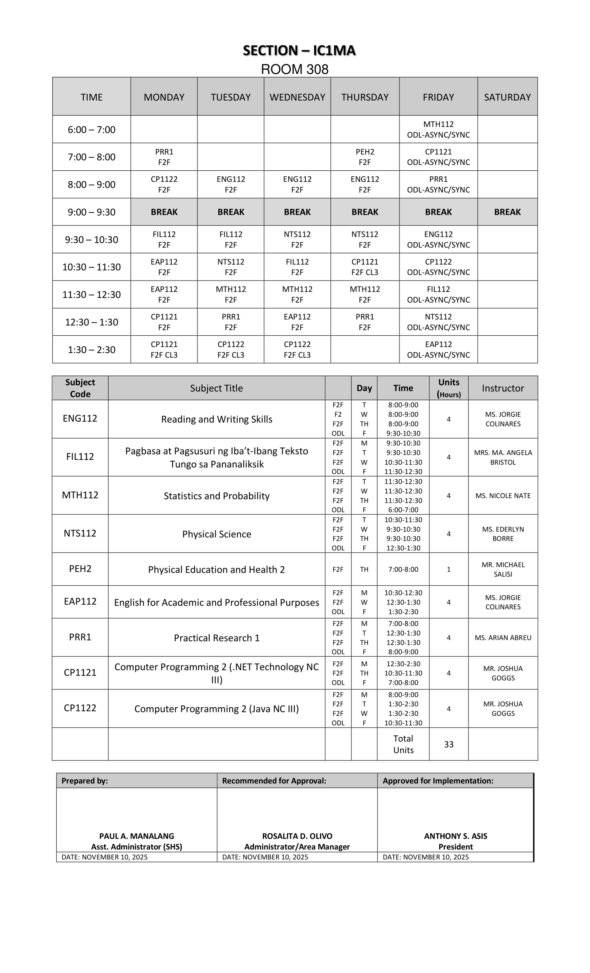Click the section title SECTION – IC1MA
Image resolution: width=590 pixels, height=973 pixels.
299,51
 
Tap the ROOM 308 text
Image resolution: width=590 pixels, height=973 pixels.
295,70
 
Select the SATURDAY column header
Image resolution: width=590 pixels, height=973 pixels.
507,97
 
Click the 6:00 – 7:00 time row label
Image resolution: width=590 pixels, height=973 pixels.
91,130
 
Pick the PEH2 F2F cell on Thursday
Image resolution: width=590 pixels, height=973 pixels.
365,157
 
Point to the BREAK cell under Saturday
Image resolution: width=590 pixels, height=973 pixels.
507,212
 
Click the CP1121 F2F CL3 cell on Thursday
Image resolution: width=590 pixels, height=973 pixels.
365,267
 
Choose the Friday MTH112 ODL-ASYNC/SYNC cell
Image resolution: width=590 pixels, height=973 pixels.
438,130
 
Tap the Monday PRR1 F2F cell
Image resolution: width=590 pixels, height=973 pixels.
164,157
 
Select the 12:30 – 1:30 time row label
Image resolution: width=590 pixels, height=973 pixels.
91,322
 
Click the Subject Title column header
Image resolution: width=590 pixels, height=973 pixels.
216,388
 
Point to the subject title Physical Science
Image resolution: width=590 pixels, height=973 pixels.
216,534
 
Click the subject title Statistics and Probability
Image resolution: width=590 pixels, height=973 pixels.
216,496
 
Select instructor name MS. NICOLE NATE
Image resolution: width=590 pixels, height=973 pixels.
503,496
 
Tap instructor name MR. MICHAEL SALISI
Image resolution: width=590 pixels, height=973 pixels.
503,569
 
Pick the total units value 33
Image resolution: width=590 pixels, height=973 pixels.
449,744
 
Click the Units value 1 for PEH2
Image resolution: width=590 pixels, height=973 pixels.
449,569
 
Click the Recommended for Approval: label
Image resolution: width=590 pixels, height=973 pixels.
274,781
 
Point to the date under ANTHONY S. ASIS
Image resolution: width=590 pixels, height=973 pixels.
426,857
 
